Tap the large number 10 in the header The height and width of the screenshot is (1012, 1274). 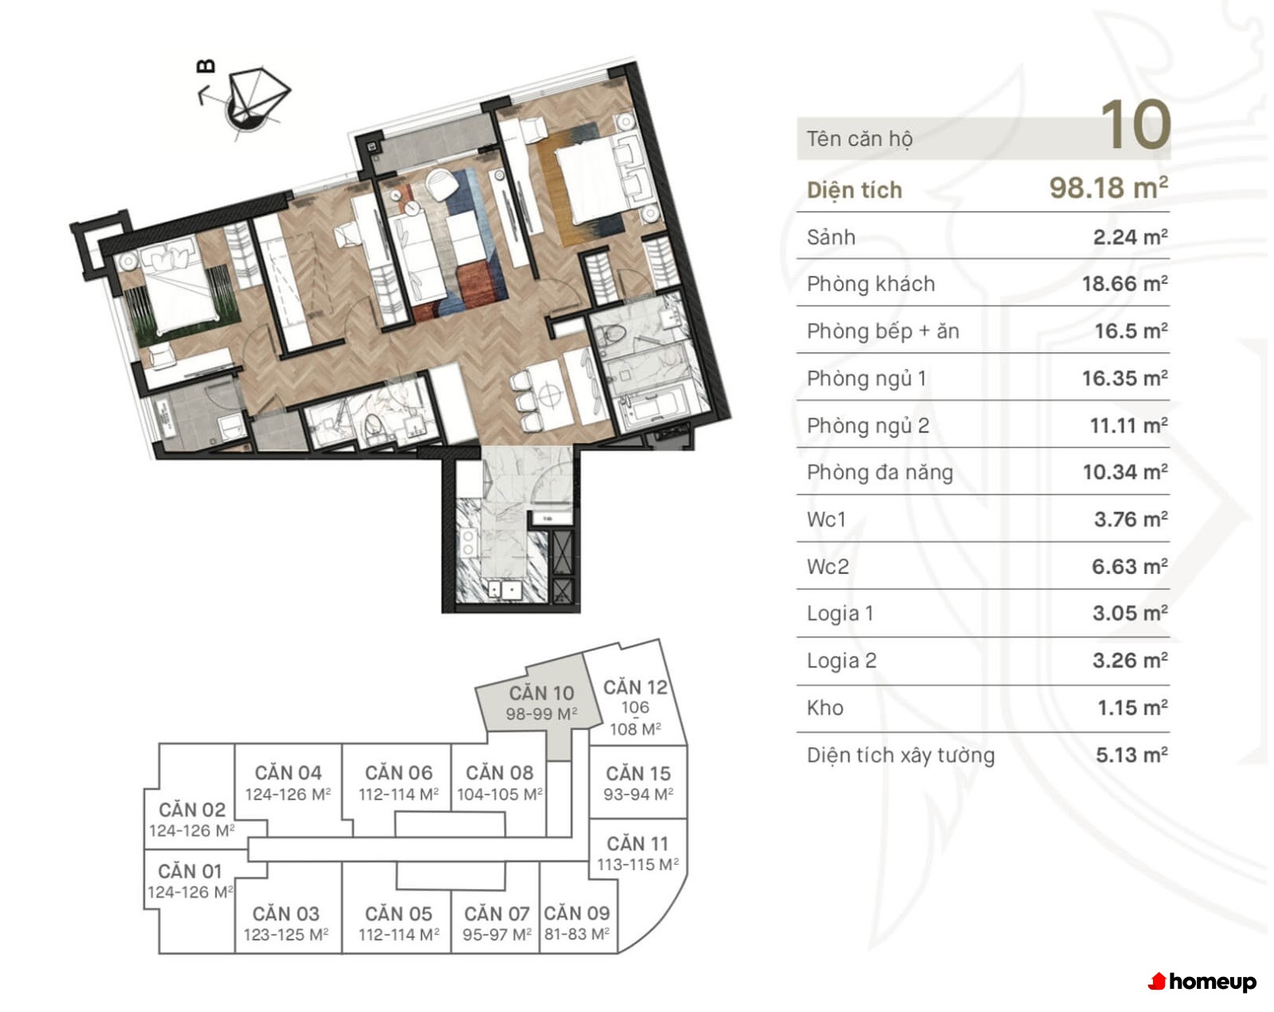[1135, 125]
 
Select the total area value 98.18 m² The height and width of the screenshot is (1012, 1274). [1109, 188]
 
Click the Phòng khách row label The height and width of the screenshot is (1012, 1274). [871, 284]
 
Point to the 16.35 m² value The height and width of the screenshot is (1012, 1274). [1125, 378]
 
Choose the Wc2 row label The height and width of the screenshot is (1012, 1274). [827, 567]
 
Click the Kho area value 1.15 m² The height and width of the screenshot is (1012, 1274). [1132, 708]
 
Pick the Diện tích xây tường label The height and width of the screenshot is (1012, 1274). [901, 755]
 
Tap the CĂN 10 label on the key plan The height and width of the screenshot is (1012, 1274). [541, 692]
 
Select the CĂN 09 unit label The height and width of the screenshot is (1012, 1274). [576, 913]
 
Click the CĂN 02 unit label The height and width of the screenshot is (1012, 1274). [192, 810]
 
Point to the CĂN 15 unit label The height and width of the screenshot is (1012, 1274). [638, 773]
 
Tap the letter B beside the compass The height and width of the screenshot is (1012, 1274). [205, 66]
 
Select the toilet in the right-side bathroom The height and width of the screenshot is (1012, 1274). [612, 335]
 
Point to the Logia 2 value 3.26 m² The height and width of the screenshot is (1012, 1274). [1130, 661]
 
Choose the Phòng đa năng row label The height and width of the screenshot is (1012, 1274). [880, 473]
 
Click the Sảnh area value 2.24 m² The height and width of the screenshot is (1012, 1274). [1130, 237]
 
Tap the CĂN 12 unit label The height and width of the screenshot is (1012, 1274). [635, 688]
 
